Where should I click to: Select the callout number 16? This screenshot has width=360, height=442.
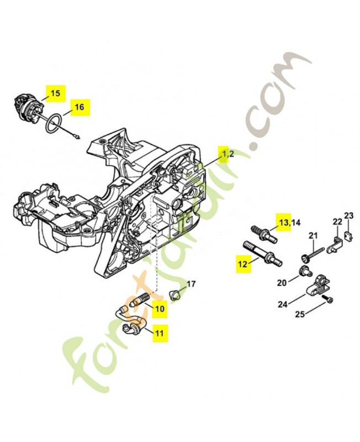coord(79,107)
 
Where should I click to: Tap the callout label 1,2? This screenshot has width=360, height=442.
coord(228,154)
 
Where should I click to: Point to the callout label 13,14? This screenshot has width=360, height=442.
coord(290,223)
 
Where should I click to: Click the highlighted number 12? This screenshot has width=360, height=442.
coord(242,264)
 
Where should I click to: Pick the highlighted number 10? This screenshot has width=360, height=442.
coord(158,309)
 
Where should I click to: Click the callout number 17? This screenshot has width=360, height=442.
coord(190,284)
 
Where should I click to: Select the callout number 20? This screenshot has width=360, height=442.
coord(281,282)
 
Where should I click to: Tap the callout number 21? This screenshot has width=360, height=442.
coord(313,236)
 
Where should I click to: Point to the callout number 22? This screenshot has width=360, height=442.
coord(336,222)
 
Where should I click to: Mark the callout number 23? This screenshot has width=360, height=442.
coord(348,215)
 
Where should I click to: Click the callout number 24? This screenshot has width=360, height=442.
coord(283,304)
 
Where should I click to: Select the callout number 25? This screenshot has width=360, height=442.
coord(299,315)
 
